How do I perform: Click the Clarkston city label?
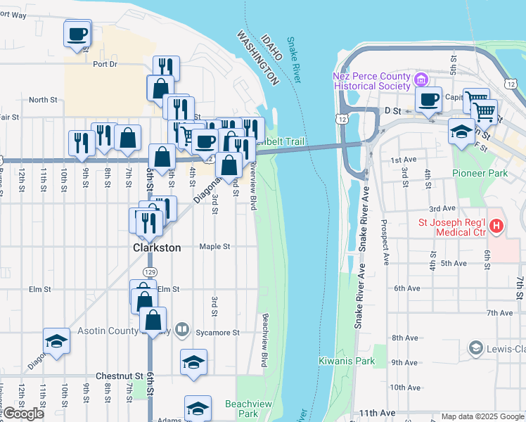point(156,248)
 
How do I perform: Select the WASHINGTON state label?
point(257,58)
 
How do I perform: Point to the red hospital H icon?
point(496,226)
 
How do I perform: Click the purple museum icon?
point(421,77)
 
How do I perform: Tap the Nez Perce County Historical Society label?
point(372,81)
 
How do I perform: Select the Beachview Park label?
point(242,409)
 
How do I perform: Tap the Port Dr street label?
point(105,63)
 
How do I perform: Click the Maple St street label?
point(214,247)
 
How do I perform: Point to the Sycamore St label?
point(217,332)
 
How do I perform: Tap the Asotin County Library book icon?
point(181,328)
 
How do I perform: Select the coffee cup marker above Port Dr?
point(77,34)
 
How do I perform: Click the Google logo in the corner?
point(23,414)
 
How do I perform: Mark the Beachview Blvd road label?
point(265,340)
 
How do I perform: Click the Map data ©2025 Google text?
point(482,416)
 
